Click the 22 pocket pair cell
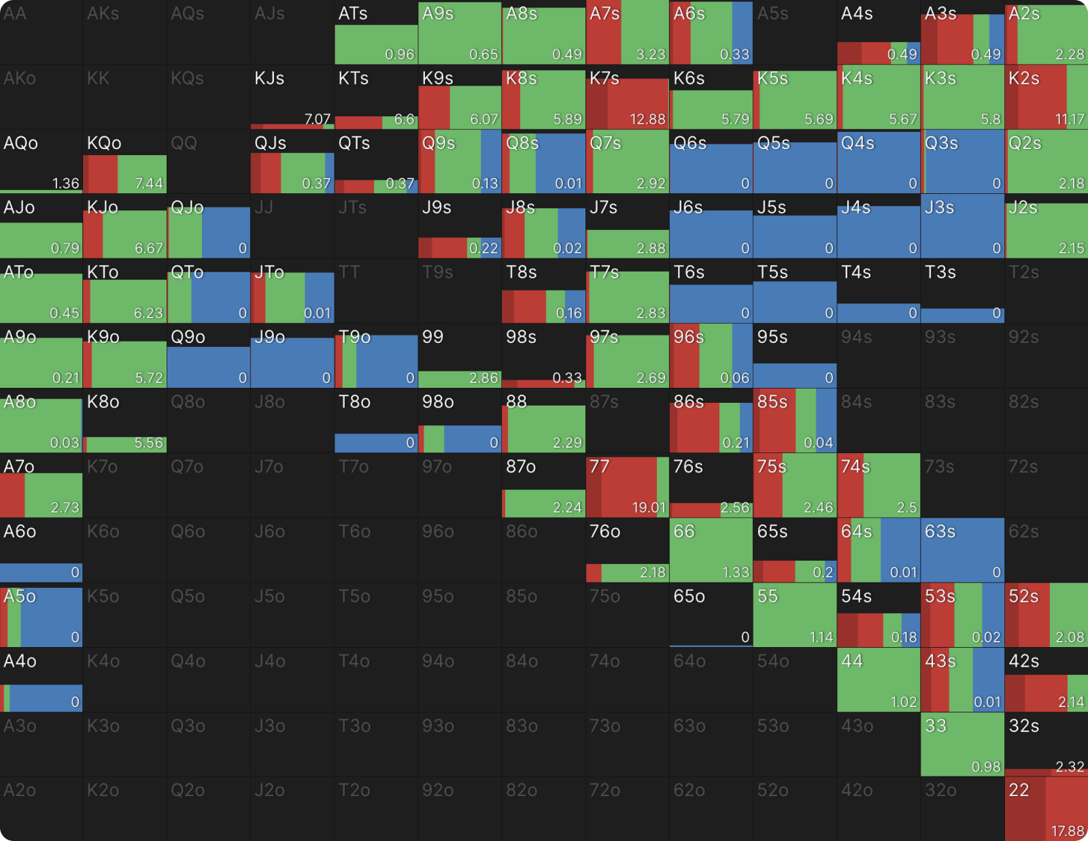click(x=1046, y=808)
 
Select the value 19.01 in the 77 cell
click(x=648, y=507)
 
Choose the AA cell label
click(x=15, y=14)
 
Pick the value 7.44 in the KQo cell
click(x=148, y=183)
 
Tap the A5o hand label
click(x=20, y=597)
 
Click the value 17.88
click(x=1068, y=831)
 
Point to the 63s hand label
click(x=940, y=531)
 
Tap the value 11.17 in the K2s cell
click(x=1070, y=119)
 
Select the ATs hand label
click(x=353, y=14)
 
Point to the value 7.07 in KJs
click(x=318, y=119)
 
